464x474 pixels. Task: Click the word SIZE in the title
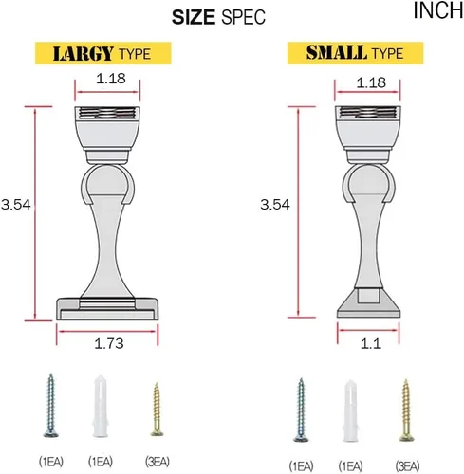pyautogui.click(x=194, y=17)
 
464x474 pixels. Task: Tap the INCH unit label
pyautogui.click(x=438, y=10)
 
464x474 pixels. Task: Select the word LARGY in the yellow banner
pyautogui.click(x=84, y=53)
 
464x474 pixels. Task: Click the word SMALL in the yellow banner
pyautogui.click(x=337, y=52)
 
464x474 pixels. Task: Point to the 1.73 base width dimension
pyautogui.click(x=109, y=343)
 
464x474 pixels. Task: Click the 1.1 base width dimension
pyautogui.click(x=371, y=343)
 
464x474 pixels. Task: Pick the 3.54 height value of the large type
pyautogui.click(x=16, y=205)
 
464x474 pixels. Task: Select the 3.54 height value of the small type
pyautogui.click(x=275, y=205)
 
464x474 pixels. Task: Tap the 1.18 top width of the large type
pyautogui.click(x=111, y=79)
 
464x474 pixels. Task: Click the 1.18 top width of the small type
pyautogui.click(x=371, y=82)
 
